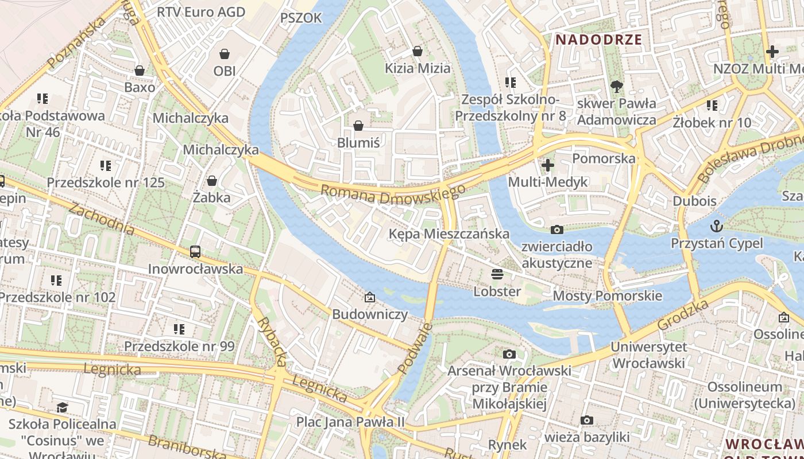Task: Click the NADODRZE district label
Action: pos(598,40)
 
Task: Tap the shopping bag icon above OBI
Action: pos(225,54)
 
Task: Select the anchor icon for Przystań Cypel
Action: pos(717,225)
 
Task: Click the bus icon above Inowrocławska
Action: pos(195,251)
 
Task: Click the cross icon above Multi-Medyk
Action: pos(548,165)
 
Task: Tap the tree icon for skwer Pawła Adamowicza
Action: pos(617,87)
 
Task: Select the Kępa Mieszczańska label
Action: pos(449,234)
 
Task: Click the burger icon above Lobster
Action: pos(497,274)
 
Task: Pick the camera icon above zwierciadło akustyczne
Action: pos(556,229)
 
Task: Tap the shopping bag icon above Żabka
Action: pos(212,181)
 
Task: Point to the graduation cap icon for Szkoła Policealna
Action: pos(62,407)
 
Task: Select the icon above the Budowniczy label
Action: pos(370,297)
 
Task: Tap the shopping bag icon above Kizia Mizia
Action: pos(418,51)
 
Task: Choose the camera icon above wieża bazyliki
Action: pos(586,420)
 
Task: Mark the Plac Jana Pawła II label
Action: pos(350,422)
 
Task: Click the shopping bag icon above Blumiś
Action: pos(358,125)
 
